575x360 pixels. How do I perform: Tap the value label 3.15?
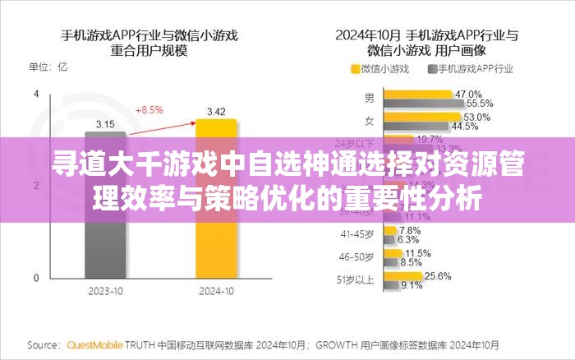click(105, 124)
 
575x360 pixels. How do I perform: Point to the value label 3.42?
click(216, 112)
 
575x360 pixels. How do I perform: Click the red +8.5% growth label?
click(149, 108)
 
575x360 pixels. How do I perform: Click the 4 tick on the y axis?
click(36, 95)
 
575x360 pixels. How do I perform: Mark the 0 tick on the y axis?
click(36, 279)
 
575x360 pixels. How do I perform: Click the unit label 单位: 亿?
click(48, 67)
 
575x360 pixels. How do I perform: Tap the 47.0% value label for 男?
click(467, 94)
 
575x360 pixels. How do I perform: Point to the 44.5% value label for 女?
click(464, 127)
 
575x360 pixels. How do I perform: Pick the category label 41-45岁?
click(358, 234)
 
